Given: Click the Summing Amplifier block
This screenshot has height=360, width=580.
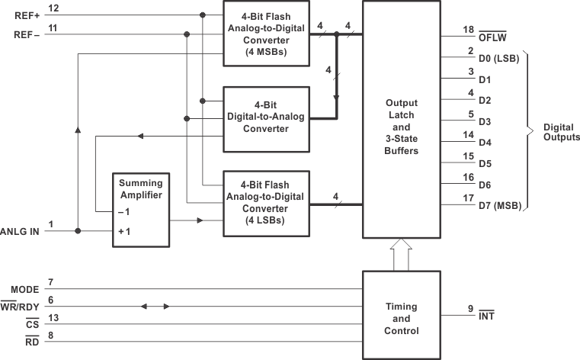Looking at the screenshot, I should [141, 208].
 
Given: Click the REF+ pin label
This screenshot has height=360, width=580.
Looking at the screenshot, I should [26, 14].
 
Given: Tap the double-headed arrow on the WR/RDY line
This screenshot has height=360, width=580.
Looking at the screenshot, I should [155, 307].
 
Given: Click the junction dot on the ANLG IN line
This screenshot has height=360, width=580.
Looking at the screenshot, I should [78, 230].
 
